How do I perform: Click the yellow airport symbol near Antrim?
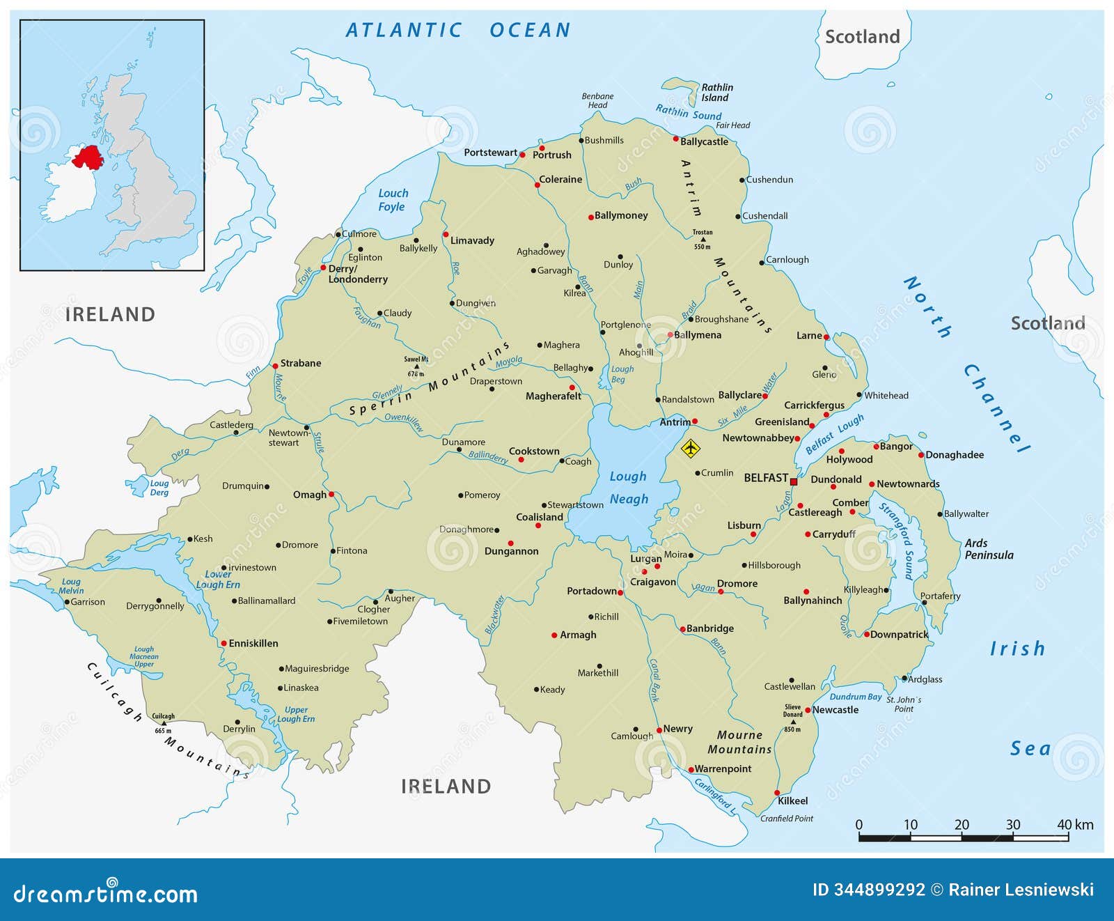[690, 449]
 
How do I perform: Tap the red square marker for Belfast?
[793, 481]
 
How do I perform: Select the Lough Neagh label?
[629, 488]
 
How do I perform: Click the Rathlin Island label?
[716, 93]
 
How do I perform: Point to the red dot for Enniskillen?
[223, 644]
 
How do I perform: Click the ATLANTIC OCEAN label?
[458, 31]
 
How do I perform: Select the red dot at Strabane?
[275, 366]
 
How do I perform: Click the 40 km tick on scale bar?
[1068, 835]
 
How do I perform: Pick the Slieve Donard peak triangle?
[792, 722]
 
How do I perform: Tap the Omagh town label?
[309, 495]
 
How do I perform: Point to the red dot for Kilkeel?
[777, 793]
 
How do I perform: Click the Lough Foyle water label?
[393, 200]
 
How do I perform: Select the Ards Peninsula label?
[989, 549]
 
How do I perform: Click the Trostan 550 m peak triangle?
[702, 240]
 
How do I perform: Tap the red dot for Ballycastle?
[675, 139]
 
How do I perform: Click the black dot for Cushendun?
[742, 180]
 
